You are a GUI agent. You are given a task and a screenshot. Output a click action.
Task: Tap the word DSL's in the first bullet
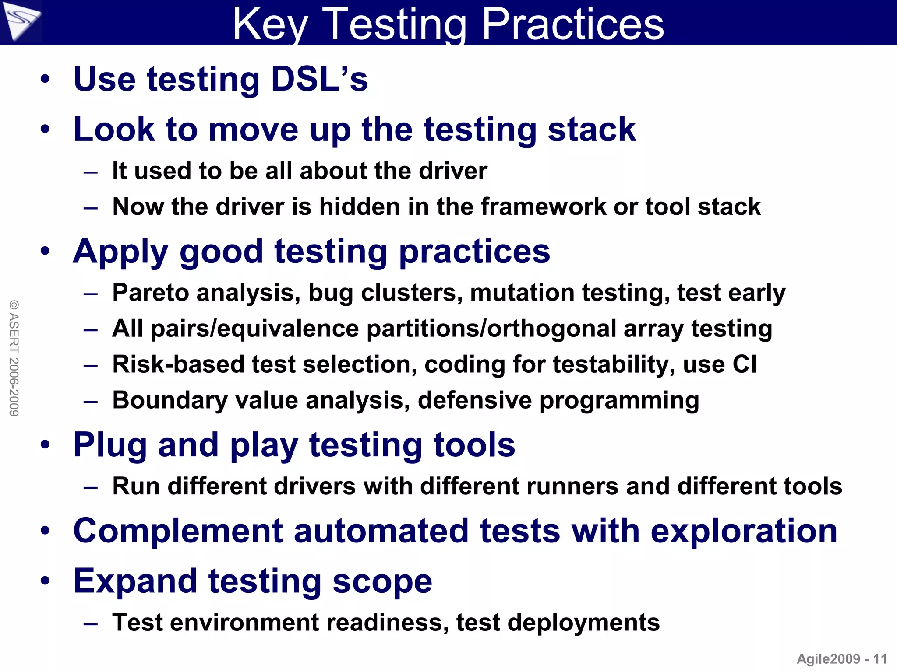pos(319,79)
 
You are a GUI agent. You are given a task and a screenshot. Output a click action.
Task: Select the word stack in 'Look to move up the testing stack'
pos(591,129)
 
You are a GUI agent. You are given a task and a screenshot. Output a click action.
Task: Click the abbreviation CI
pos(744,364)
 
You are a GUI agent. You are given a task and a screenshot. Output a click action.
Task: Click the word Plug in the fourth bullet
pos(109,445)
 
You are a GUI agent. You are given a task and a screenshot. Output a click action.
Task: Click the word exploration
pos(744,531)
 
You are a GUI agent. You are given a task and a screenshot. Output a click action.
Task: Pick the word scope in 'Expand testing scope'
pos(382,581)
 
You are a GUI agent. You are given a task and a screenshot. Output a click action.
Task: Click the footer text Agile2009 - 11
pos(841,659)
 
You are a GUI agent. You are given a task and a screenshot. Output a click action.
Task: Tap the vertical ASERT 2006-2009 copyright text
pos(14,357)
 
